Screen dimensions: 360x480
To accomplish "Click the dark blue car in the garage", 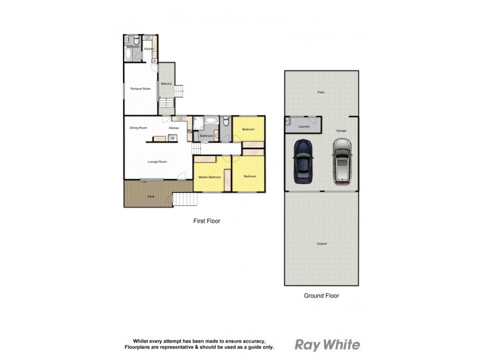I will coord(303,162).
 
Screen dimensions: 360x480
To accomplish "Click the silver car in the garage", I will coord(341,161).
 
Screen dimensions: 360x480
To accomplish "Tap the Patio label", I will coord(322,92).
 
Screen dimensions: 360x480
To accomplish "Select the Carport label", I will coord(322,243).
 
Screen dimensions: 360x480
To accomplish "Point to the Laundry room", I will coord(304,127).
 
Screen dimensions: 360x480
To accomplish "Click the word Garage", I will coord(341,130).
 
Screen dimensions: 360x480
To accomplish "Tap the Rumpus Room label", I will coord(140,89).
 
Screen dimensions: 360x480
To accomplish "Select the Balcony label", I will coord(166,83).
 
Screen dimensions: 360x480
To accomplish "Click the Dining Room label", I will coord(139,128).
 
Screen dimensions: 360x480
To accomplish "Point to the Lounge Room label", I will coord(157,161).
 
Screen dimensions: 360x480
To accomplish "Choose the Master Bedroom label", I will coord(209,177).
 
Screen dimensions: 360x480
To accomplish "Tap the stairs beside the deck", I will coord(182,199).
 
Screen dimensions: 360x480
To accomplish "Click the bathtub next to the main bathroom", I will coord(211,121).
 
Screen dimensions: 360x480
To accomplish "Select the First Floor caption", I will coord(206,221).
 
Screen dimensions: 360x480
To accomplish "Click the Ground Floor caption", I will coord(322,296).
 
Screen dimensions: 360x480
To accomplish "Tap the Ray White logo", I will coord(327,344).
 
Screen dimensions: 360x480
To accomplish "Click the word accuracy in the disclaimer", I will coord(260,340).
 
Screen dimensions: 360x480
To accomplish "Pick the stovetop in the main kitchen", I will coord(173,138).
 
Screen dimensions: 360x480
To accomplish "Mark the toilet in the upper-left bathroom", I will coord(137,41).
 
